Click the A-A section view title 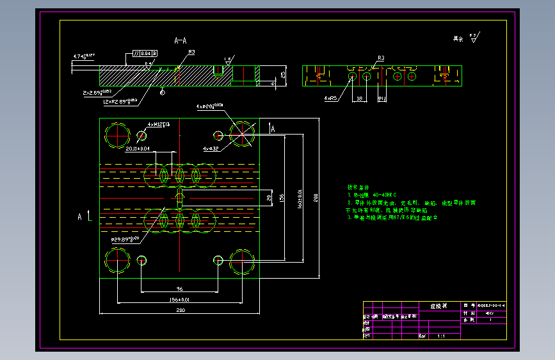pyautogui.click(x=181, y=40)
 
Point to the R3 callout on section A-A pyautogui.click(x=191, y=52)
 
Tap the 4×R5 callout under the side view pyautogui.click(x=330, y=99)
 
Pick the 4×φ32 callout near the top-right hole pyautogui.click(x=211, y=149)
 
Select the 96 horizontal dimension pyautogui.click(x=180, y=288)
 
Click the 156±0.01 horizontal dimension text pyautogui.click(x=180, y=299)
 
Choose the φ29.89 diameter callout pyautogui.click(x=125, y=240)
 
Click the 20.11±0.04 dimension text pyautogui.click(x=138, y=149)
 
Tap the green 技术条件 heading pyautogui.click(x=359, y=186)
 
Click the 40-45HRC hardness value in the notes pyautogui.click(x=384, y=194)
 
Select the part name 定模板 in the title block pyautogui.click(x=430, y=306)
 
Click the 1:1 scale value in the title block pyautogui.click(x=442, y=335)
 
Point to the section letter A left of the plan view pyautogui.click(x=80, y=217)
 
